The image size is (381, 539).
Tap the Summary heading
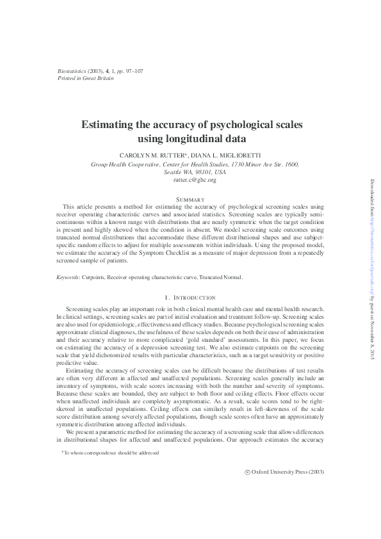pyautogui.click(x=190, y=200)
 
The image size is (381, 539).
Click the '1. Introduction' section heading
pyautogui.click(x=190, y=298)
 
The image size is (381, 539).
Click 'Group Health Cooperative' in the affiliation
pyautogui.click(x=124, y=165)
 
